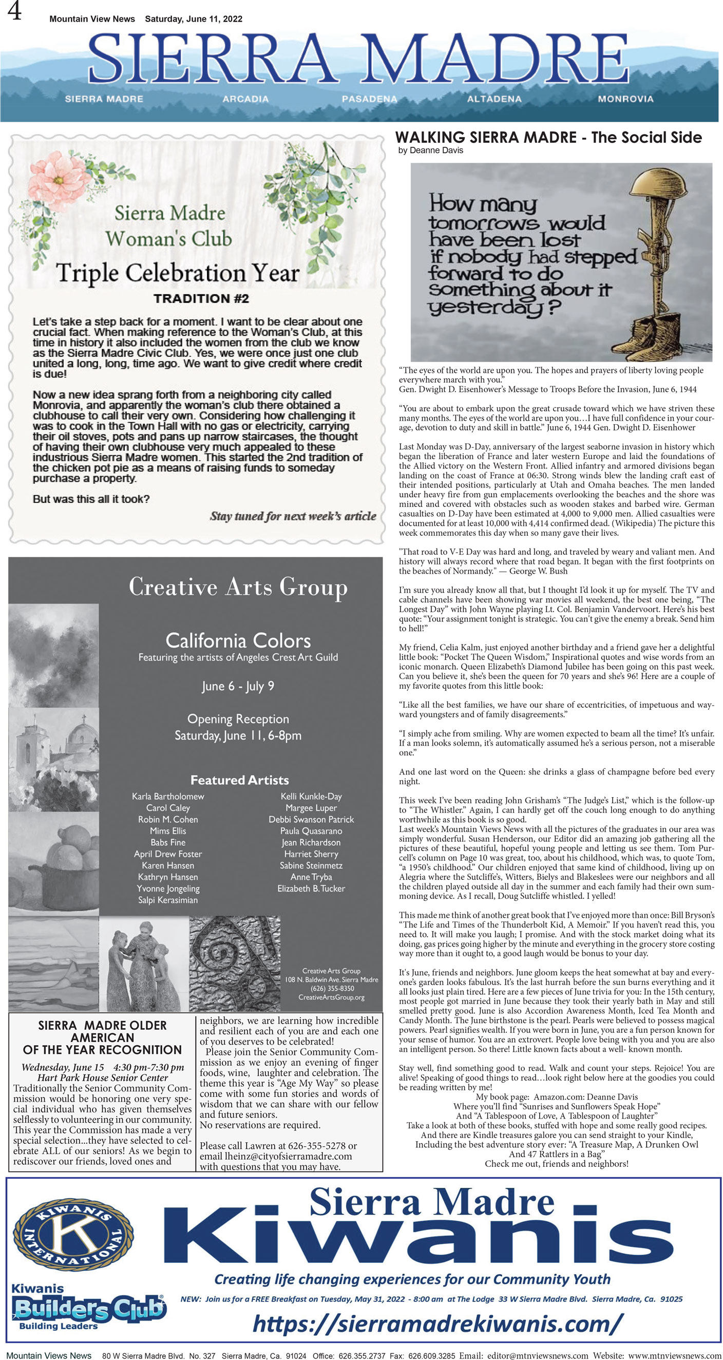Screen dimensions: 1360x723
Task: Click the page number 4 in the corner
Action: click(14, 11)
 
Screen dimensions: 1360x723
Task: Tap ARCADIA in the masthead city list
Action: click(245, 99)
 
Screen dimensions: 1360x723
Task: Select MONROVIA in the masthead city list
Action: click(625, 99)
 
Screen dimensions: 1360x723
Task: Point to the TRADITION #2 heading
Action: click(201, 299)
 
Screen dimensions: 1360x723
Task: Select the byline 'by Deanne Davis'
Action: click(431, 150)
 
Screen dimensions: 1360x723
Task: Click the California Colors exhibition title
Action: click(238, 640)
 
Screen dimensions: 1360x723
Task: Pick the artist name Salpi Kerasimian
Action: click(168, 900)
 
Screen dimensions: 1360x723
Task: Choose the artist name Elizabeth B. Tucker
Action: click(311, 889)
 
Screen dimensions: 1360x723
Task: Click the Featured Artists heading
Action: click(240, 780)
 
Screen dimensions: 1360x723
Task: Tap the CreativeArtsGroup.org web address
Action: click(331, 997)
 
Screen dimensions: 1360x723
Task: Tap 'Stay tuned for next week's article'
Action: click(293, 516)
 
